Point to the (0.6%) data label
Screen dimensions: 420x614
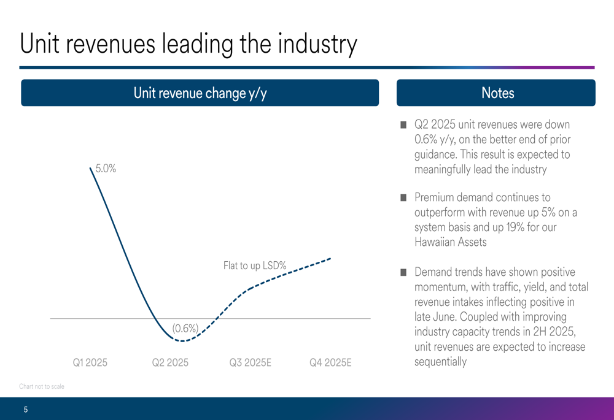[185, 329]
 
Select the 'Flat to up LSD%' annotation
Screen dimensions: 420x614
[255, 266]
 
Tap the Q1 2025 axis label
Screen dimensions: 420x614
[90, 363]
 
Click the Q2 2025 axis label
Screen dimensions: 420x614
[170, 363]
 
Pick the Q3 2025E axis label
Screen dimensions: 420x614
[250, 363]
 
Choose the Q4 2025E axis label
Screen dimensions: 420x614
[330, 363]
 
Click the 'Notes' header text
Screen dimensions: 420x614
[497, 93]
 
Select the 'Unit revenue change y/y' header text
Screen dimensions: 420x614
[200, 93]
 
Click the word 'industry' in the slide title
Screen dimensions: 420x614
[317, 44]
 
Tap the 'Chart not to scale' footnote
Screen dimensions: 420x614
[42, 386]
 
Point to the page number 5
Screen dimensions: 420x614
[26, 410]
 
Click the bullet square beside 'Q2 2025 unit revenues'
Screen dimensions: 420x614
[403, 125]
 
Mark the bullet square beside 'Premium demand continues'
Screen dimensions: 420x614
[403, 198]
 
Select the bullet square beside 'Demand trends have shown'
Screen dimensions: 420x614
[403, 272]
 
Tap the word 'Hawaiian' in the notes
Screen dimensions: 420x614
[437, 242]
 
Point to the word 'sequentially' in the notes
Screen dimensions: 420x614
[440, 362]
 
